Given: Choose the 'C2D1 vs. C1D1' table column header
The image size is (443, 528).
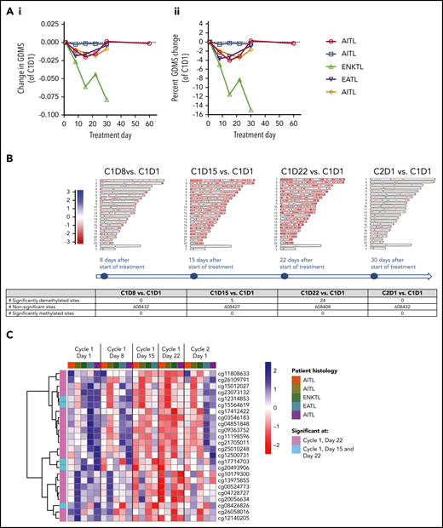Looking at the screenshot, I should click(392, 292).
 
